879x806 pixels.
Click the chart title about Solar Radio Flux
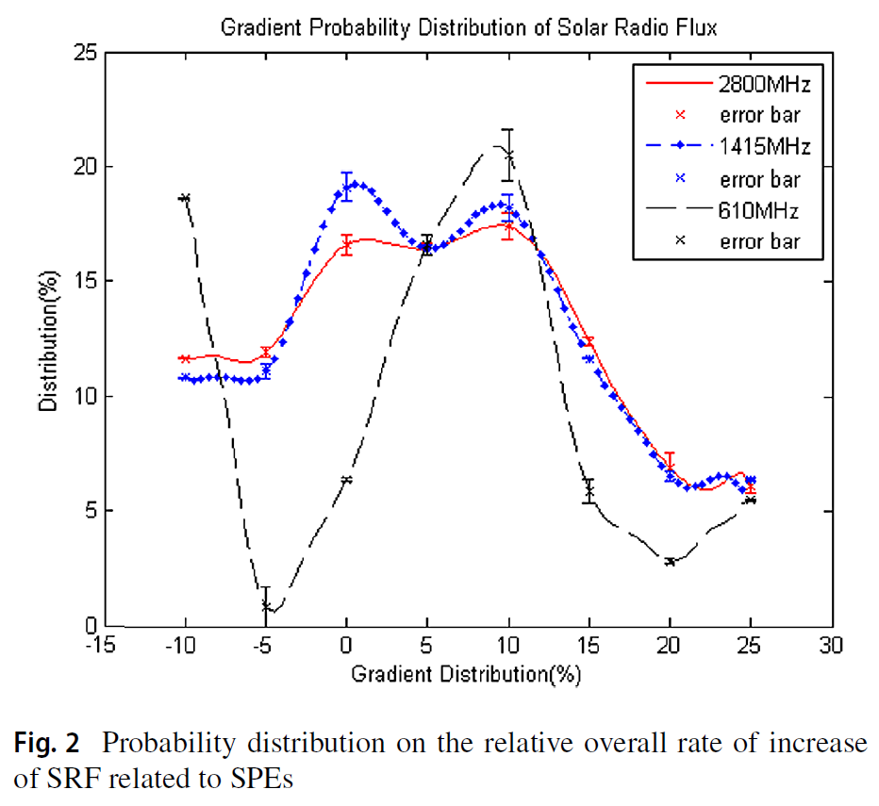[469, 27]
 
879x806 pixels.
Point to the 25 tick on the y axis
[87, 52]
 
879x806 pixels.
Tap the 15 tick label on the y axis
[87, 281]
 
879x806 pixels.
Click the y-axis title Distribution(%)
[48, 339]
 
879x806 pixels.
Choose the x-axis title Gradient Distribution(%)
[467, 674]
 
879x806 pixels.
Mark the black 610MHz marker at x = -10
[186, 198]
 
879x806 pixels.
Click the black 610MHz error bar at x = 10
[508, 154]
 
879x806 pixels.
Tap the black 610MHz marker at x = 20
[670, 562]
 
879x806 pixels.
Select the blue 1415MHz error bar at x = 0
[347, 186]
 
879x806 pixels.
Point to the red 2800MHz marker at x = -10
[186, 358]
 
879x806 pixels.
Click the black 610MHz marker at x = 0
[347, 480]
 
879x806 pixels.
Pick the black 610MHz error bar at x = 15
[589, 490]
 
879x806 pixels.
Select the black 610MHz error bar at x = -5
[266, 600]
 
